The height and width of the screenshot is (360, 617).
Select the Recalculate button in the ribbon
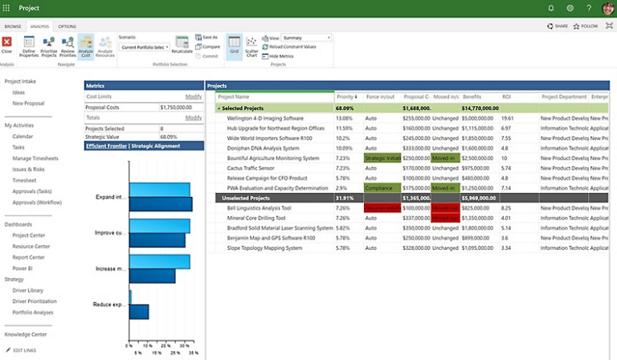[181, 50]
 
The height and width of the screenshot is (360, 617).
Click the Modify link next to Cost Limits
[194, 96]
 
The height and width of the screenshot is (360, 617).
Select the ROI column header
[507, 96]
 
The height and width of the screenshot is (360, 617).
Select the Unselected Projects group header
[248, 197]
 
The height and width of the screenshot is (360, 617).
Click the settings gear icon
[570, 8]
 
